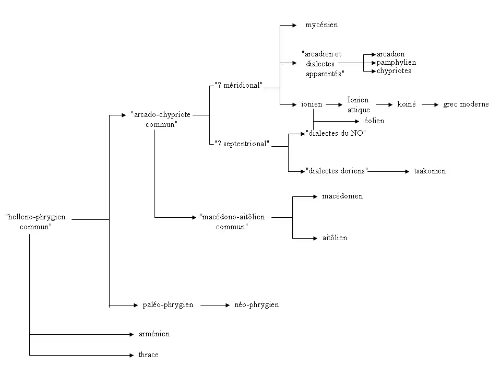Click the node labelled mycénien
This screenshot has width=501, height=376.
coord(321,25)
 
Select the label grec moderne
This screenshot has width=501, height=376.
coord(466,104)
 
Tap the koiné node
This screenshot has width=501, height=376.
coord(407,104)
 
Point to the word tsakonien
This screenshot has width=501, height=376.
coord(430,171)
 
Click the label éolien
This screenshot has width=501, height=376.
coord(374,121)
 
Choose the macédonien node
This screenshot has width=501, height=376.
coord(342,196)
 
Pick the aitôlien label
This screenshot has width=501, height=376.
coord(335,238)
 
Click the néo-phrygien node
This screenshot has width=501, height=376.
coord(256,304)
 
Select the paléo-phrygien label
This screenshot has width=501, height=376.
coord(168,304)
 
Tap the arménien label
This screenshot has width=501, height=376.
coord(154,334)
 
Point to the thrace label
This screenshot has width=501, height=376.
coord(148,355)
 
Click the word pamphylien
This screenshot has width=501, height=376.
coord(396,63)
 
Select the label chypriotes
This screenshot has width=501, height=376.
coord(394,71)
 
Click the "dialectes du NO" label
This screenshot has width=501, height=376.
coord(336,133)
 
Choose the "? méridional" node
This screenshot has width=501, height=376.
coord(238,86)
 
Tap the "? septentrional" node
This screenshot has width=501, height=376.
coord(242,144)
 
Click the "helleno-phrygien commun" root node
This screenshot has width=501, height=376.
coord(35,221)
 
